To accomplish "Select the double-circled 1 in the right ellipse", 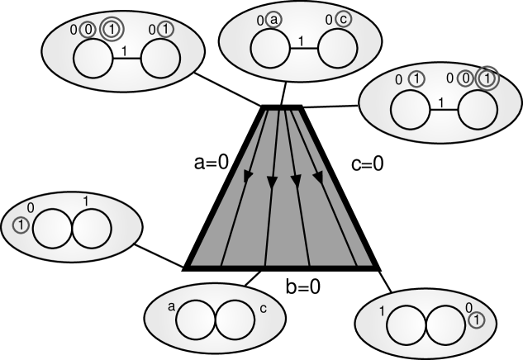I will tap(489, 79).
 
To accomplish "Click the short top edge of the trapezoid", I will tap(283, 107).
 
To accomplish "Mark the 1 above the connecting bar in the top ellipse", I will tap(303, 39).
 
